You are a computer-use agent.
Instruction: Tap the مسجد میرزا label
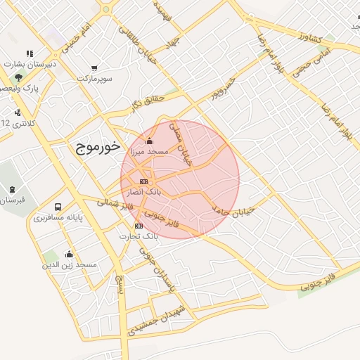point(146,152)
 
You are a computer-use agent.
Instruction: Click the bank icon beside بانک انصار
point(143,181)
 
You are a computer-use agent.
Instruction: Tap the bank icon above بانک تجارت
point(139,226)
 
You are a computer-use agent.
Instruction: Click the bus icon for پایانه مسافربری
point(58,208)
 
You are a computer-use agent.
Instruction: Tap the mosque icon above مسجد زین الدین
point(69,255)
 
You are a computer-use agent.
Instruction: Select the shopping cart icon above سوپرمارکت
point(94,68)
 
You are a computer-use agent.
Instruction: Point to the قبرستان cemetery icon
point(12,189)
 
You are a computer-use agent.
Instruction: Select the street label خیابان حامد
point(232,209)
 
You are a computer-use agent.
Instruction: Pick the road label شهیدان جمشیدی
point(157,321)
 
